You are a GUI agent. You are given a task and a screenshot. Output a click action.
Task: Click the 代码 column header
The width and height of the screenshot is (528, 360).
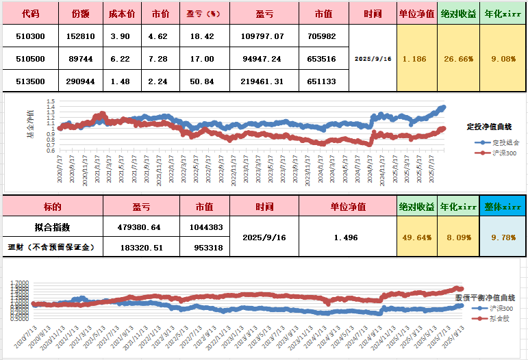pos(30,13)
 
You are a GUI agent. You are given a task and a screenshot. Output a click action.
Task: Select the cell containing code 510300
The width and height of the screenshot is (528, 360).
pos(30,36)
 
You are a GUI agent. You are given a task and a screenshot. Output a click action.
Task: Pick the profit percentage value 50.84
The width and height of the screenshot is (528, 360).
pos(203,81)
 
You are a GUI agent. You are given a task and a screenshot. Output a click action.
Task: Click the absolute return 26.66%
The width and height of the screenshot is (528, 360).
pos(457,59)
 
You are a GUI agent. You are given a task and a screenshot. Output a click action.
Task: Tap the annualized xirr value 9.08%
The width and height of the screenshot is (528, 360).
pos(503,59)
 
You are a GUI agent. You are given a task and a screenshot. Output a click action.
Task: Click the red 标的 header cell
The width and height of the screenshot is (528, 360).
pos(52,207)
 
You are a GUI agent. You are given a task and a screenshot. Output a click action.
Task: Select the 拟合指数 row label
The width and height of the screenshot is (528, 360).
pos(52,227)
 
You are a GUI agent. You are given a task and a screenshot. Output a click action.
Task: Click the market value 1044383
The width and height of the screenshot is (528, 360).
pos(205,227)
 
